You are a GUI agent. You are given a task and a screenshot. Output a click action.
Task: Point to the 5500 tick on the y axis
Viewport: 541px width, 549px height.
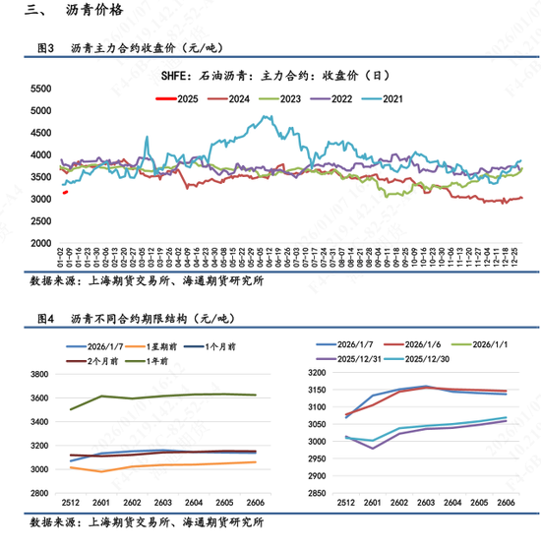click(39, 89)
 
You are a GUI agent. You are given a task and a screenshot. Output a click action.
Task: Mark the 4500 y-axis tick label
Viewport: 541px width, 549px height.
click(39, 133)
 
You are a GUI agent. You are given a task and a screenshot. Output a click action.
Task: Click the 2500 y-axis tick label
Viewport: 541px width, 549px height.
click(39, 221)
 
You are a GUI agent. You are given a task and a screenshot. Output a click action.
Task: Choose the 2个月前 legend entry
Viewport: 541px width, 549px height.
click(90, 361)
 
